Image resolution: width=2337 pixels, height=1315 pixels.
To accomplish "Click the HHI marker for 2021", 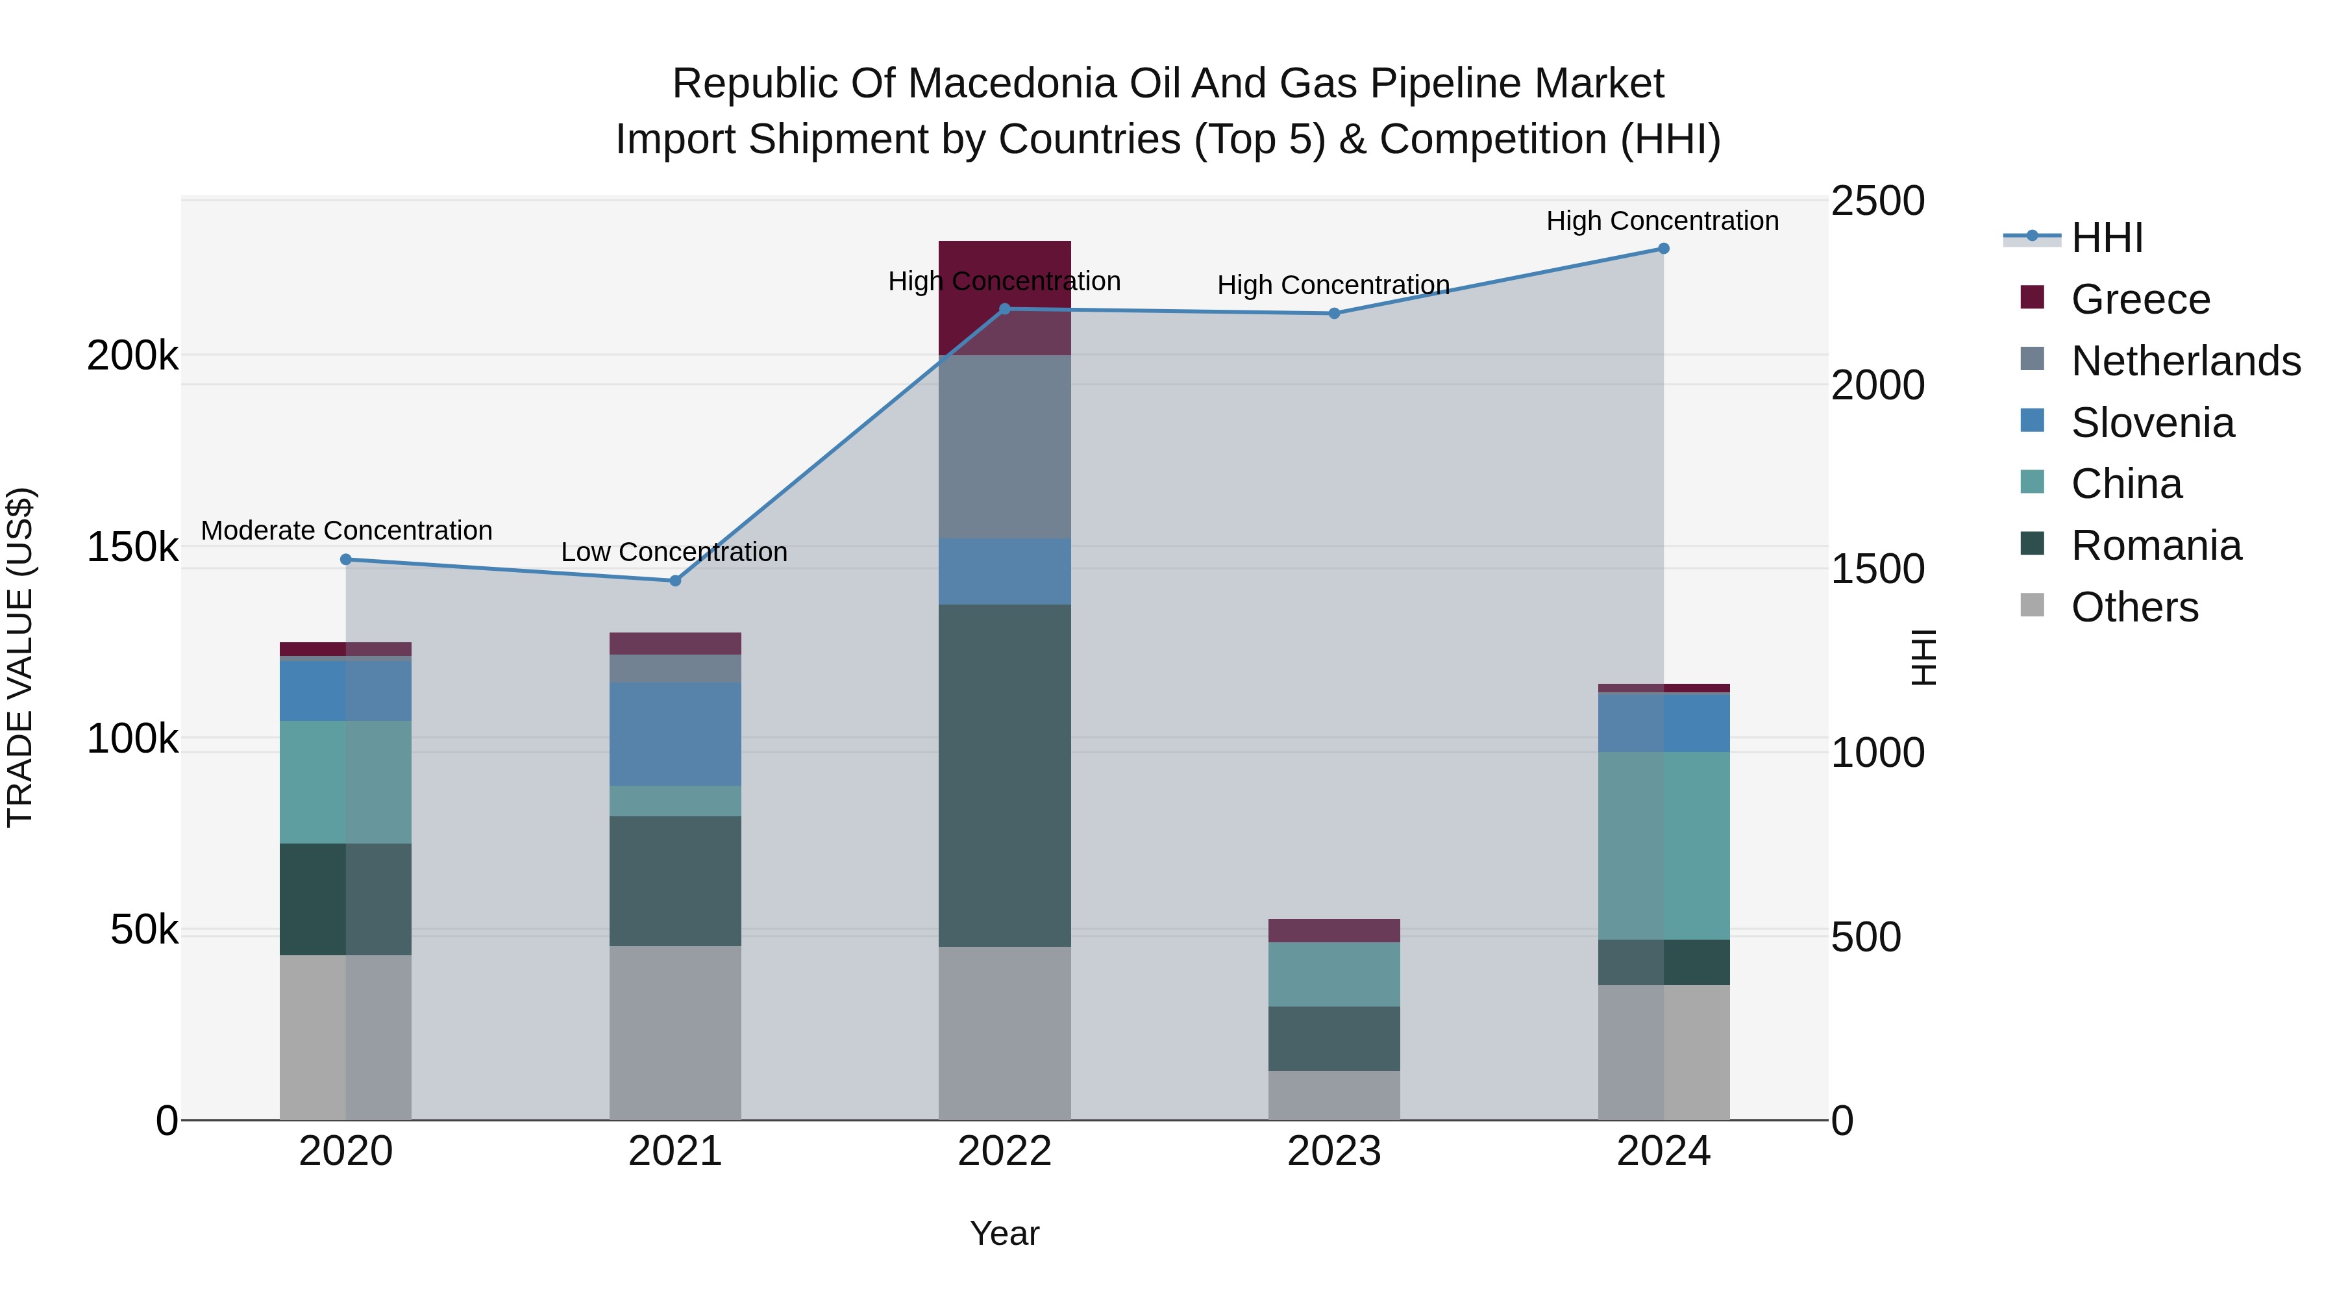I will click(675, 581).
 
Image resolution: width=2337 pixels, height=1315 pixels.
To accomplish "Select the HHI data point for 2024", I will click(1664, 249).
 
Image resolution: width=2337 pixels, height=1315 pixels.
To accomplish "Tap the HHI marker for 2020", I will click(345, 560).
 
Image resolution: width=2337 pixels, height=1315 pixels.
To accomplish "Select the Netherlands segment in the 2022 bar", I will click(1004, 447).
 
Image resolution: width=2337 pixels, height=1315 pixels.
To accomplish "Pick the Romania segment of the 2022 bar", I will click(1004, 776).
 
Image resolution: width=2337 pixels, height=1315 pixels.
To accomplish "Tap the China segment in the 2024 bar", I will click(1664, 845).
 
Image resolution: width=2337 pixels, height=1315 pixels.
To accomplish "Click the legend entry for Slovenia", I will click(2152, 423).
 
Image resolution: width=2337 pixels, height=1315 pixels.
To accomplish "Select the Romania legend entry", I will click(2155, 546).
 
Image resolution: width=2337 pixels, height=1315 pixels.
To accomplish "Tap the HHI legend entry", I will click(2107, 238).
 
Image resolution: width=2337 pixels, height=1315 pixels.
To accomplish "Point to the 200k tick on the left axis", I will click(132, 357).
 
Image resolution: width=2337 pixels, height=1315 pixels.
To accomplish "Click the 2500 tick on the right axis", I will click(1877, 201).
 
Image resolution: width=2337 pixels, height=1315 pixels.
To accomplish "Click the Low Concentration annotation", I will click(674, 552).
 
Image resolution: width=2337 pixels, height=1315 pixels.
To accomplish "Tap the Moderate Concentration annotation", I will click(347, 531).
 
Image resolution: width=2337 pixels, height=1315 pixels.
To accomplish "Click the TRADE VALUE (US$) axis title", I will click(20, 657).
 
